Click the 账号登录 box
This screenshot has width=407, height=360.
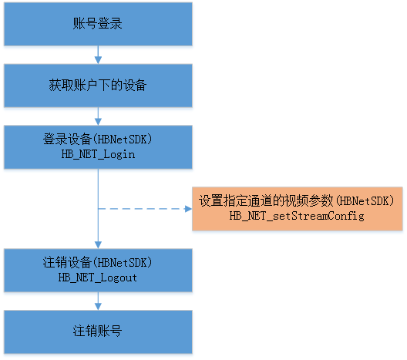pyautogui.click(x=98, y=24)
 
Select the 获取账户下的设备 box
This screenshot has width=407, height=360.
pyautogui.click(x=98, y=86)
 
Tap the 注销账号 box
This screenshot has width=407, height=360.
pyautogui.click(x=98, y=332)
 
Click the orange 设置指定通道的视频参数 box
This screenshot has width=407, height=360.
pyautogui.click(x=298, y=209)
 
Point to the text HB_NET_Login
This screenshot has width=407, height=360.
pyautogui.click(x=98, y=155)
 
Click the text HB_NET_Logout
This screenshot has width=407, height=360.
pyautogui.click(x=98, y=278)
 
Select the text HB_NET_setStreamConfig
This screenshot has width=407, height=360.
pyautogui.click(x=297, y=216)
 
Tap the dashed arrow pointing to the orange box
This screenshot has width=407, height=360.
pyautogui.click(x=145, y=209)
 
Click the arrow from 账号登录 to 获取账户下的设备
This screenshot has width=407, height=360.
pyautogui.click(x=98, y=55)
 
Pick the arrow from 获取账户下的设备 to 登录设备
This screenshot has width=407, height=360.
pyautogui.click(x=98, y=116)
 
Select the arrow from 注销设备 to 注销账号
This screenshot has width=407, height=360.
pyautogui.click(x=98, y=301)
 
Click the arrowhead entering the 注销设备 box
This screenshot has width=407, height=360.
pyautogui.click(x=98, y=245)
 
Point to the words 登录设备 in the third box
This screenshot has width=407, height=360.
pyautogui.click(x=67, y=139)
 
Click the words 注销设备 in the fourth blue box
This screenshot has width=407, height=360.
pyautogui.click(x=67, y=262)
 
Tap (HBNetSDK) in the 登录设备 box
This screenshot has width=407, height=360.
pyautogui.click(x=123, y=140)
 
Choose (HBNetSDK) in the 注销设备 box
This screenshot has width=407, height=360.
pyautogui.click(x=123, y=263)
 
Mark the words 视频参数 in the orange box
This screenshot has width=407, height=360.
pyautogui.click(x=308, y=201)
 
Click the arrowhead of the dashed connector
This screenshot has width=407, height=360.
pyautogui.click(x=188, y=209)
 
